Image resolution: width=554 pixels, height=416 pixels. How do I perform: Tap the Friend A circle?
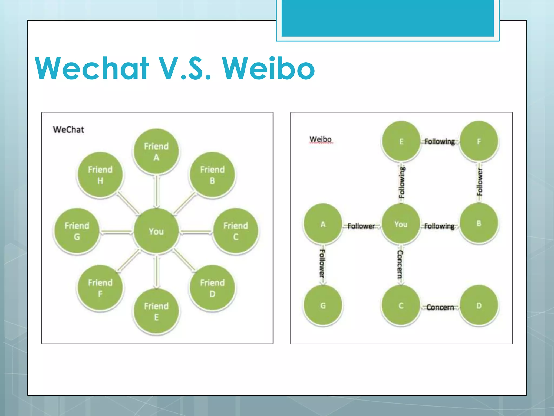(x=156, y=151)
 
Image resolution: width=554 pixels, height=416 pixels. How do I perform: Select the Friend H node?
(x=100, y=175)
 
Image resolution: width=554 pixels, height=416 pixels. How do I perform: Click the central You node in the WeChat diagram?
(x=156, y=231)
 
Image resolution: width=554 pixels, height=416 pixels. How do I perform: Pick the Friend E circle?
(x=156, y=311)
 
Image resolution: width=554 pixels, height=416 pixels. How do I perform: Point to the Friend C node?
(x=236, y=231)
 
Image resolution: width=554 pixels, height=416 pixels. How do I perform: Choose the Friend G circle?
(x=77, y=231)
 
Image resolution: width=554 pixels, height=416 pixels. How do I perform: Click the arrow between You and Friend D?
(x=184, y=260)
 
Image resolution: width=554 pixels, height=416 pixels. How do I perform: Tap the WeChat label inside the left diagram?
(x=68, y=130)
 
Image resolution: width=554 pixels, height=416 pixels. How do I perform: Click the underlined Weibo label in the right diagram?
(x=321, y=139)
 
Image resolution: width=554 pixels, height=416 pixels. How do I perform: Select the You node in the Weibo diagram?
(x=401, y=224)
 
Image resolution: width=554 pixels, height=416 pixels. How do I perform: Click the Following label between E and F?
(x=440, y=142)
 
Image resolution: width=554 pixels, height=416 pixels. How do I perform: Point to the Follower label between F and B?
(x=479, y=182)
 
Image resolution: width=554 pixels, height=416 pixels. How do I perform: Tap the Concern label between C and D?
(x=440, y=307)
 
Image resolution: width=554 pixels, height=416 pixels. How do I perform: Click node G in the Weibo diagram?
(x=323, y=306)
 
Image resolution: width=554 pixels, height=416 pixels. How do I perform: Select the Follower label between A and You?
(x=361, y=226)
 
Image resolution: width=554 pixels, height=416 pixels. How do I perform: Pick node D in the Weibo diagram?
(x=479, y=306)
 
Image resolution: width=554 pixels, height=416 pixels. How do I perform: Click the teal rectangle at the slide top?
(x=388, y=18)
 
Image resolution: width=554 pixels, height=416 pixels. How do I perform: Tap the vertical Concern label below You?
(x=400, y=264)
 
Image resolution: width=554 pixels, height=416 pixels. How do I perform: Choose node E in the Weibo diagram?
(x=401, y=142)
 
